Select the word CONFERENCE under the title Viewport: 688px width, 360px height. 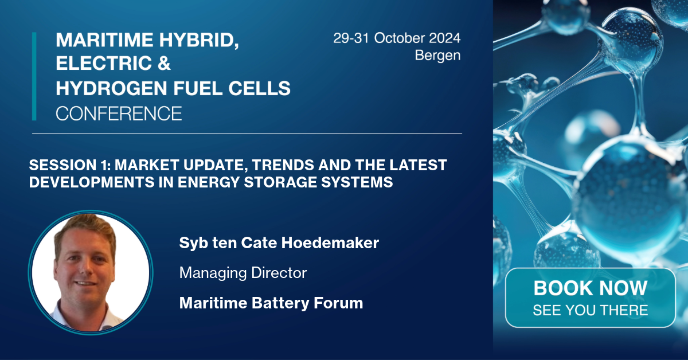(119, 113)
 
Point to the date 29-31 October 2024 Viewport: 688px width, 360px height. (397, 39)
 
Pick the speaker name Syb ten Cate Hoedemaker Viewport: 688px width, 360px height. (279, 243)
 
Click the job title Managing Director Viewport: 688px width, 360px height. (243, 273)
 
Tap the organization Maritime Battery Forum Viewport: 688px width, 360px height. (271, 303)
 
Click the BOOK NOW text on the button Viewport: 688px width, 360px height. (590, 288)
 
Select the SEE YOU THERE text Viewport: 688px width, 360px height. (590, 311)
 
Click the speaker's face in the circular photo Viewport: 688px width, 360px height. (86, 263)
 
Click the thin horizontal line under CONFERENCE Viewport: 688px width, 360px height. (247, 134)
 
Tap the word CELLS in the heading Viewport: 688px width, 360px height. (263, 89)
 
